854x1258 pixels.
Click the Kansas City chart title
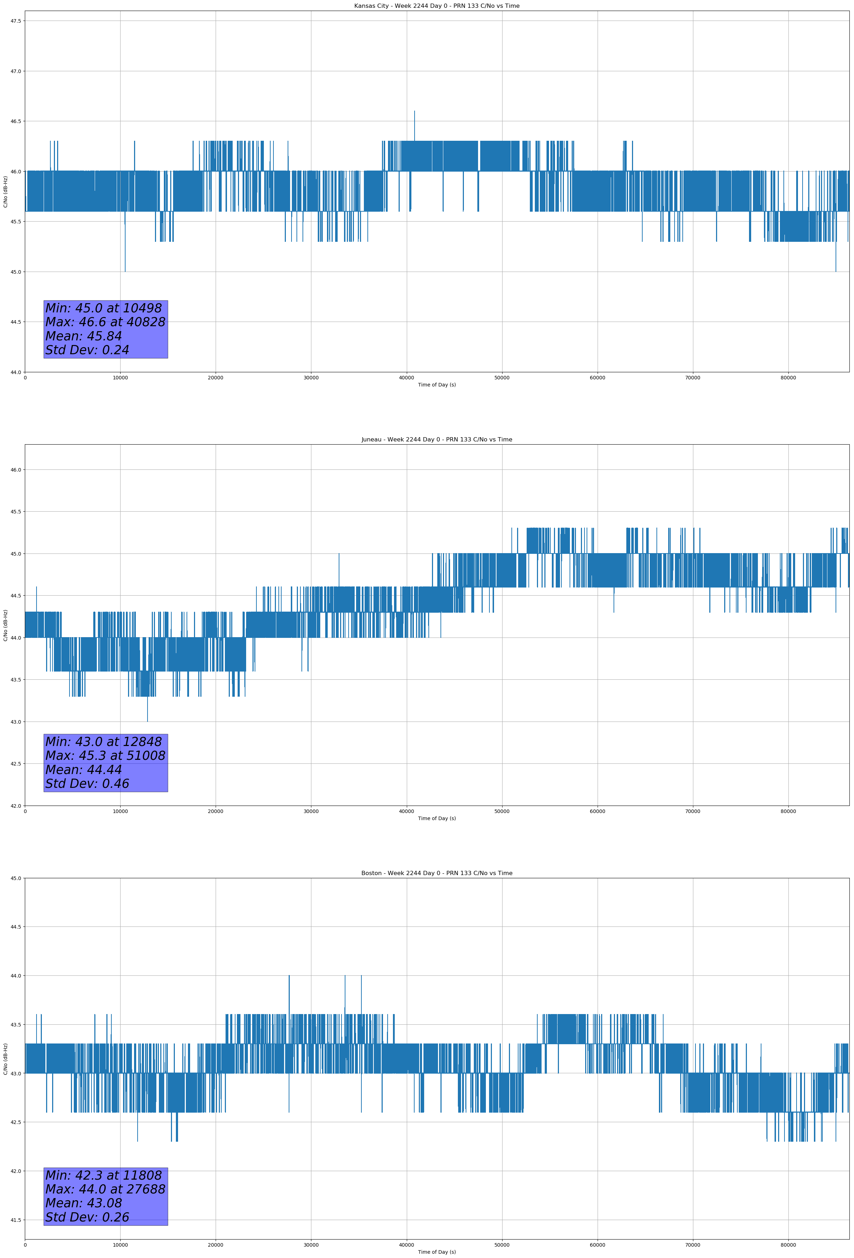tap(437, 6)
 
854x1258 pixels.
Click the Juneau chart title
tap(437, 440)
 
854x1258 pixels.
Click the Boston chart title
tap(437, 873)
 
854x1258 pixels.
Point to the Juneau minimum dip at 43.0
tap(147, 719)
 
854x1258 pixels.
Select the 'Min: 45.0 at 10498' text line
tap(104, 308)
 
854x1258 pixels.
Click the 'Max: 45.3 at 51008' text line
tap(105, 756)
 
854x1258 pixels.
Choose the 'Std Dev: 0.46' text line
tap(87, 783)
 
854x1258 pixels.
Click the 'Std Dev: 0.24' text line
tap(87, 350)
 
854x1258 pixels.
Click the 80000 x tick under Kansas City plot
tap(788, 378)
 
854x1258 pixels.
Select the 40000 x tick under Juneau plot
tap(406, 811)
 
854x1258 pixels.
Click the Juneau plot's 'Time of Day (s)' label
tap(437, 818)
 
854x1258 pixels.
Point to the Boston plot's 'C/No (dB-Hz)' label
tap(5, 1059)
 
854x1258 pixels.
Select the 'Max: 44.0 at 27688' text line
tap(105, 1189)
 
